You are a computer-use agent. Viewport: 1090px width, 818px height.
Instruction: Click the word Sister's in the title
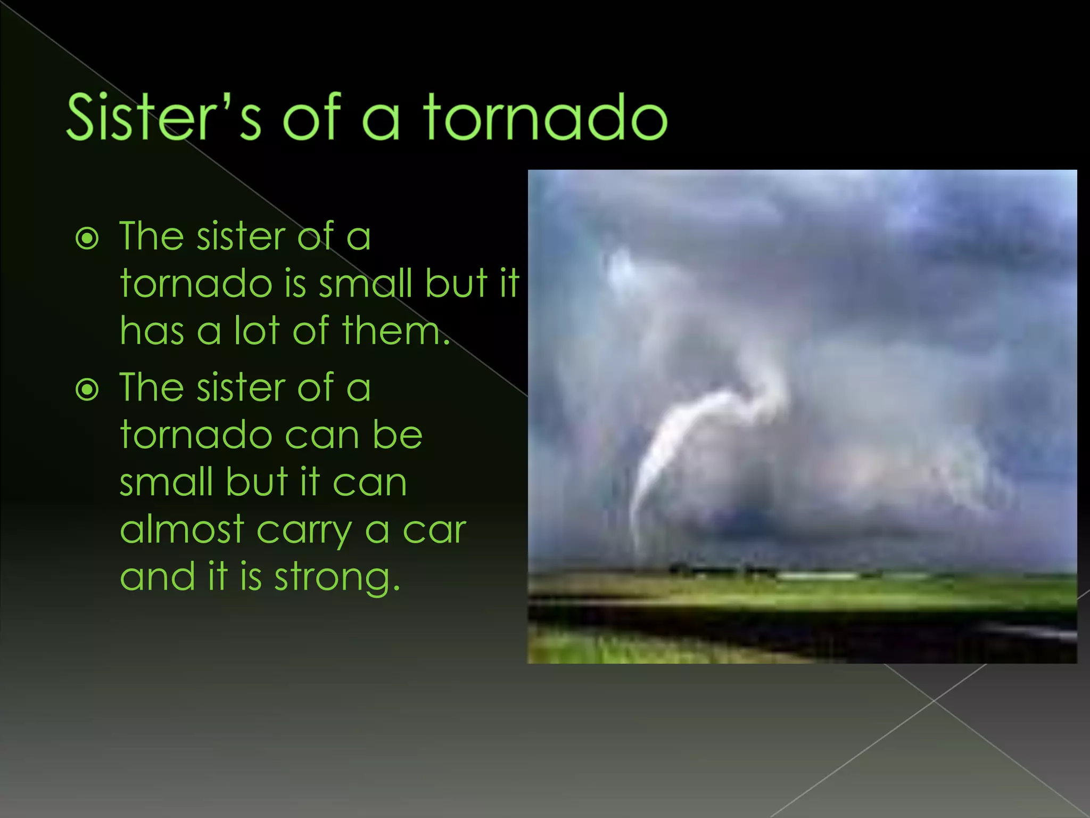tap(164, 117)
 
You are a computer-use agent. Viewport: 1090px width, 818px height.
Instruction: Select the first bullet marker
tap(87, 239)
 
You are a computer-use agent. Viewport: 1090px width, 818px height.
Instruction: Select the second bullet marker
tap(87, 390)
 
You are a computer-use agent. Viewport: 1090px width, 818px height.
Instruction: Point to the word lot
tap(257, 331)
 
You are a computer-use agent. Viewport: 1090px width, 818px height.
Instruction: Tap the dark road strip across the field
tap(798, 620)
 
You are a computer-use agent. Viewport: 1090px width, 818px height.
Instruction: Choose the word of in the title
tap(312, 117)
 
